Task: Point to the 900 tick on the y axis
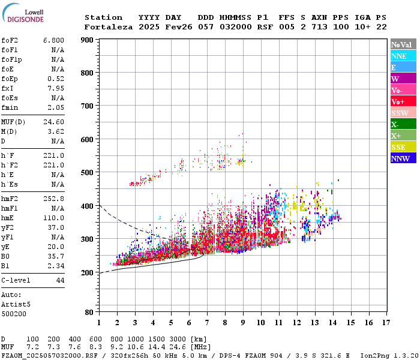(x=87, y=40)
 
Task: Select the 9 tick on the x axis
(x=243, y=322)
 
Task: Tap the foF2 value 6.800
(x=53, y=40)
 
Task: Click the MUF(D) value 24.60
(x=53, y=121)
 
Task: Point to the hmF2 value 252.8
(x=53, y=199)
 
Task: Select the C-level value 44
(x=60, y=280)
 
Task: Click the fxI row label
(x=8, y=88)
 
